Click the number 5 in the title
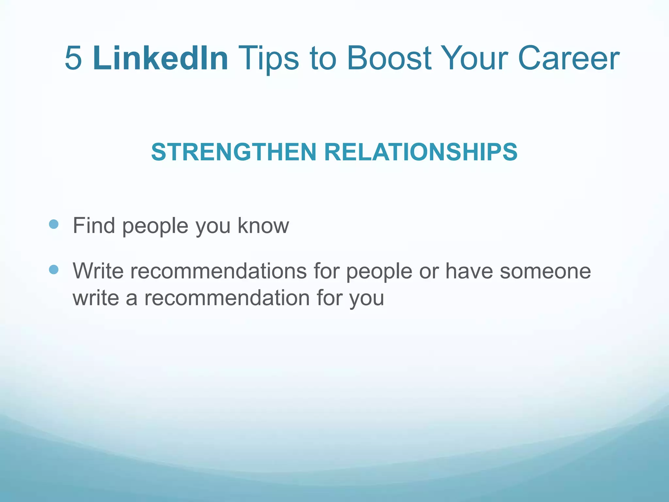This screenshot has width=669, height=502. click(x=73, y=58)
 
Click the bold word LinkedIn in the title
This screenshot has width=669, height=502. click(x=160, y=58)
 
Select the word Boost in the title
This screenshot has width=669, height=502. click(x=389, y=58)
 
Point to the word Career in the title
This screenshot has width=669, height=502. click(x=568, y=58)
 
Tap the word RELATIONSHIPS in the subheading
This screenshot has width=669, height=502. click(x=421, y=152)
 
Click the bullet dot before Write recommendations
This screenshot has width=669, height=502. click(x=54, y=270)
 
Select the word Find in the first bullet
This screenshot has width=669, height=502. click(x=94, y=226)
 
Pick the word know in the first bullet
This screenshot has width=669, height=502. click(x=263, y=226)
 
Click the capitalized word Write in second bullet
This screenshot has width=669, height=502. click(x=98, y=271)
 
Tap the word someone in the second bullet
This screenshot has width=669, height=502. click(x=545, y=271)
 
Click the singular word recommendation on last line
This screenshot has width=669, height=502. click(x=227, y=298)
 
